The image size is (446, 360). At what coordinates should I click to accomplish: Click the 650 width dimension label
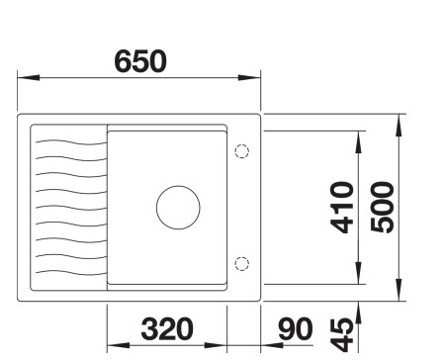click(140, 60)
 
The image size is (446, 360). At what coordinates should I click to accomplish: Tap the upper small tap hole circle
click(241, 152)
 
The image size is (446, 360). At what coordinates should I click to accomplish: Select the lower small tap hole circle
click(241, 262)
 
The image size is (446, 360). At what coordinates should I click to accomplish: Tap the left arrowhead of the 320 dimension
click(112, 345)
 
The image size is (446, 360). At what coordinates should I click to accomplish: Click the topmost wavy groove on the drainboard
click(69, 141)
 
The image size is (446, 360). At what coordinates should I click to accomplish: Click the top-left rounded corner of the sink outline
click(23, 120)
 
